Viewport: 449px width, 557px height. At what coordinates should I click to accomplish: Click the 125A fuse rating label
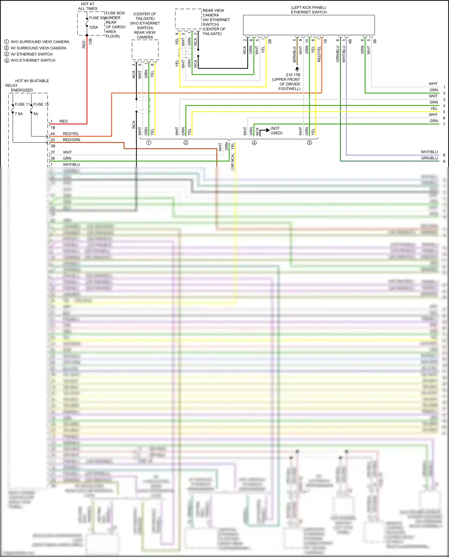click(93, 27)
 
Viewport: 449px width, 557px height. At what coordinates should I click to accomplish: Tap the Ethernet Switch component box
click(309, 25)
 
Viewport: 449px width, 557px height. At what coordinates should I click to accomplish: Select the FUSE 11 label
click(22, 104)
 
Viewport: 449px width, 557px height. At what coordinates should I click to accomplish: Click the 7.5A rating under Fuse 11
click(19, 114)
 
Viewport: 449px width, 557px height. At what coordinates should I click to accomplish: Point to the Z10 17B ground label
click(293, 75)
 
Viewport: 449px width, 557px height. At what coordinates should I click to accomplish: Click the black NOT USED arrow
click(265, 131)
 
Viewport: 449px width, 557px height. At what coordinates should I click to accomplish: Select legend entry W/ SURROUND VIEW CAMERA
click(38, 48)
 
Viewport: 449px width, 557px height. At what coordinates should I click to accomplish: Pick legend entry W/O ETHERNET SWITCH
click(33, 60)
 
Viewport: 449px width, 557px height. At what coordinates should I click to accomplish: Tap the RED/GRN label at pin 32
click(71, 140)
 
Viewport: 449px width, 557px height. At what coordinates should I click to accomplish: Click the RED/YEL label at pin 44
click(71, 134)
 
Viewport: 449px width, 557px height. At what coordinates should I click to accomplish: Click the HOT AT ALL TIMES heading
click(87, 6)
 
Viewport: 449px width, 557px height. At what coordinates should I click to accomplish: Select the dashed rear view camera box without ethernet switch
click(145, 50)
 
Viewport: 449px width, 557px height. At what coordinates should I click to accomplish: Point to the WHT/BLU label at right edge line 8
click(429, 152)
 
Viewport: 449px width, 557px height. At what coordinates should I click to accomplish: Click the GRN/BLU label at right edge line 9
click(429, 158)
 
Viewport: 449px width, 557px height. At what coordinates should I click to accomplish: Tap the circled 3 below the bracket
click(310, 143)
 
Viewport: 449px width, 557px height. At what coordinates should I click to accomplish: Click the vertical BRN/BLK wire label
click(295, 54)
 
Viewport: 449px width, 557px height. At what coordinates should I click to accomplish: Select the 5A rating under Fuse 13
click(36, 114)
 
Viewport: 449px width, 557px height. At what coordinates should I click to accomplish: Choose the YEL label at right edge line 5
click(434, 109)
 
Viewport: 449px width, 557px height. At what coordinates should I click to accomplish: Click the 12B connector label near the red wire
click(90, 41)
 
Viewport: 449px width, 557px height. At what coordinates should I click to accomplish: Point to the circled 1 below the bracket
click(149, 143)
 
